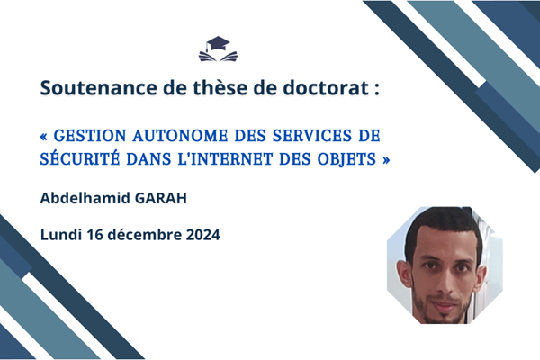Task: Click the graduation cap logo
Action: point(218,49)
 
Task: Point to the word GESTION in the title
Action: point(90,136)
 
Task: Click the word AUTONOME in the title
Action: point(180,136)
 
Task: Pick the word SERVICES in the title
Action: point(312,136)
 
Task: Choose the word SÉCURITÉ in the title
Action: point(80,158)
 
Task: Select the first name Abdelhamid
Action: point(85,198)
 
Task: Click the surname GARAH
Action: point(161,198)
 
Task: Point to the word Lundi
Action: point(61,235)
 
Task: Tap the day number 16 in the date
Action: point(94,235)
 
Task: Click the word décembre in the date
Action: point(145,235)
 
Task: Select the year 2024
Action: point(203,235)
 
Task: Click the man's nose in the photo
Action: point(445,283)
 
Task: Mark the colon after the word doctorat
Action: point(377,89)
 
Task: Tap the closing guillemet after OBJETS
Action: point(386,160)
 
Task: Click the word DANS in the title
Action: point(148,159)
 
